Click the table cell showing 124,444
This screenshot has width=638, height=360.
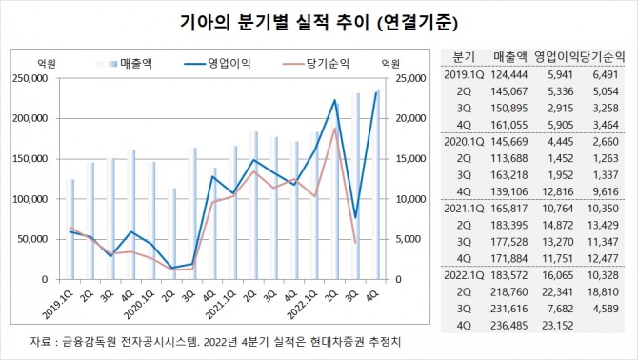pos(503,72)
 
